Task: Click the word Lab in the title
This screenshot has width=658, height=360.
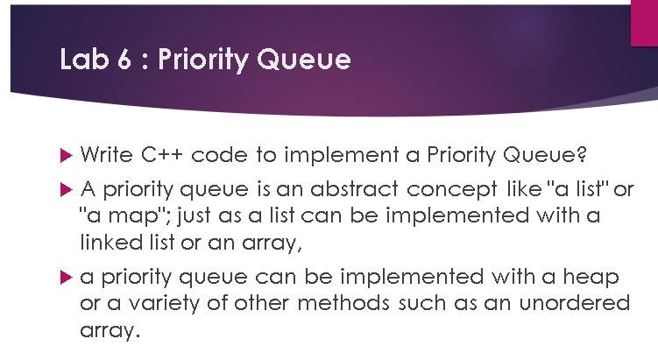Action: coord(85,59)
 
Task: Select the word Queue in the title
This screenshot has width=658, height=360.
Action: coord(303,60)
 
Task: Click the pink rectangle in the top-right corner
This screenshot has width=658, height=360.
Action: coord(645,23)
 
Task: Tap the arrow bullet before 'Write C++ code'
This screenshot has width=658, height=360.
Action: coord(67,156)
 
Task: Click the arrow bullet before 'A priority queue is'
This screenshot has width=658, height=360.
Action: coord(67,190)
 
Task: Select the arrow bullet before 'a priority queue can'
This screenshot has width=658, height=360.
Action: coord(67,278)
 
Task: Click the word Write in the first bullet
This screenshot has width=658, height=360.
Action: coord(107,154)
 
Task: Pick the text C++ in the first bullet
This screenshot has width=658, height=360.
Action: coord(162,154)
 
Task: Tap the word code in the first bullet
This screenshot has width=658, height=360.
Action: coord(219,154)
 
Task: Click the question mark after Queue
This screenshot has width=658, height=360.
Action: coord(581,154)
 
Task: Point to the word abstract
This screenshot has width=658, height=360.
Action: coord(354,189)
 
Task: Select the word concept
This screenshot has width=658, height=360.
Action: coord(452,191)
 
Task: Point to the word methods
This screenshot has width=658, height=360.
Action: coord(343,303)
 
